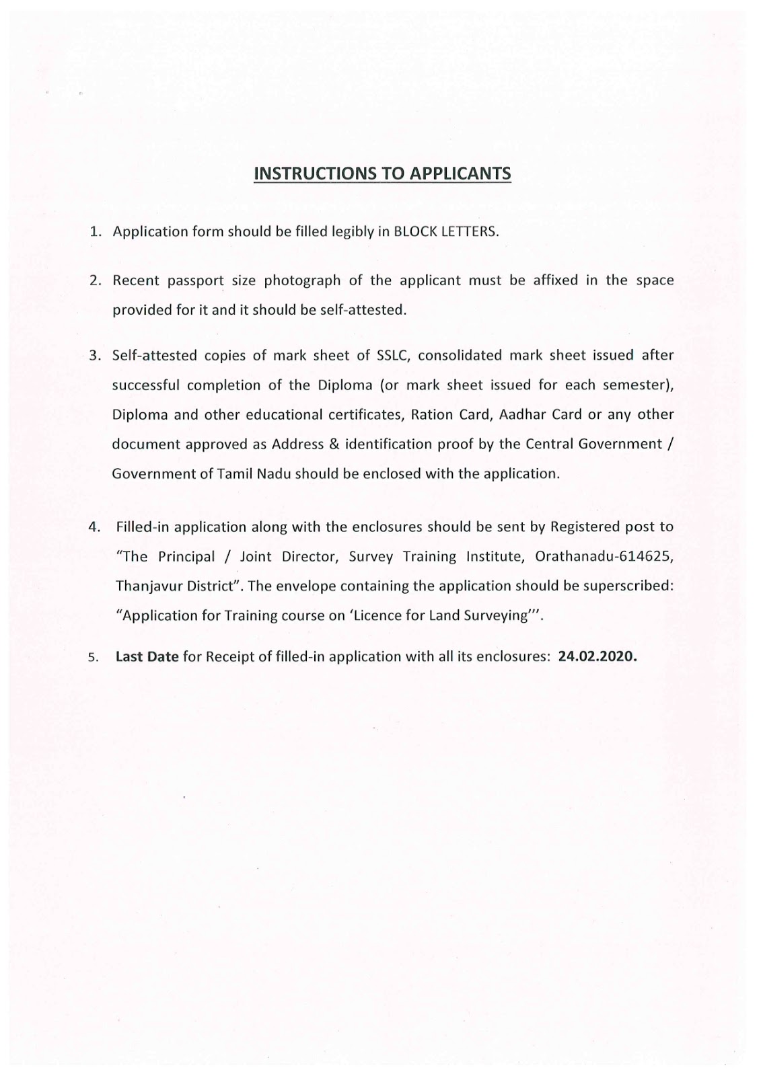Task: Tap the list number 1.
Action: (x=96, y=231)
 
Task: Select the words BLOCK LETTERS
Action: (x=445, y=231)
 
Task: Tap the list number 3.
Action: (x=96, y=356)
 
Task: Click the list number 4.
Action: (x=96, y=527)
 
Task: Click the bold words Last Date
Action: (x=147, y=656)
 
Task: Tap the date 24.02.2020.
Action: (x=597, y=656)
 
